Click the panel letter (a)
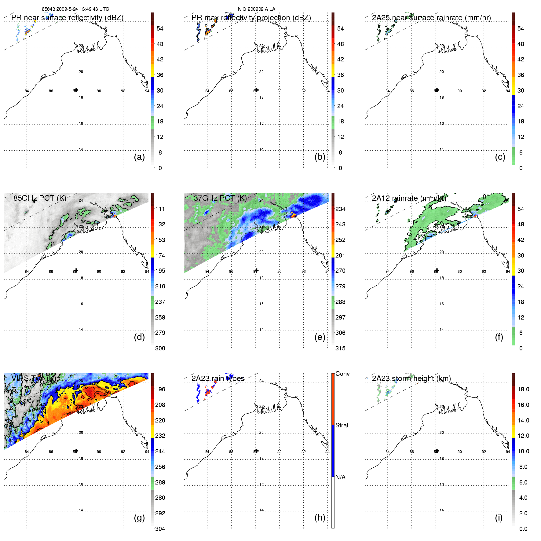(x=139, y=157)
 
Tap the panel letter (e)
(x=320, y=337)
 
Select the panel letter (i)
(x=499, y=518)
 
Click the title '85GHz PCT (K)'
(x=40, y=198)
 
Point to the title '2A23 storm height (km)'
(x=411, y=378)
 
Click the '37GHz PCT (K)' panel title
(x=220, y=198)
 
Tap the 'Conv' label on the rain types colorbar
(x=342, y=374)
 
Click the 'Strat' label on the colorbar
(x=342, y=425)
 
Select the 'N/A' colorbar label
(x=340, y=477)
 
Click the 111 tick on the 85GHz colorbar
(x=160, y=209)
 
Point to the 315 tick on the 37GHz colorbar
(x=340, y=348)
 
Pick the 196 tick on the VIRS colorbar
(x=160, y=389)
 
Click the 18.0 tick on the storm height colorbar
(x=523, y=389)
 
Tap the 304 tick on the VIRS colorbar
(x=160, y=529)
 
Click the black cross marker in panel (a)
(x=76, y=90)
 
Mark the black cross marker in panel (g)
(x=76, y=451)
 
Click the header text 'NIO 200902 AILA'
(x=257, y=9)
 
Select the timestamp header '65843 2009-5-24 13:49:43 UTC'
(x=75, y=9)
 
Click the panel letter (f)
(x=499, y=337)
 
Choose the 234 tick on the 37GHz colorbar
(x=340, y=209)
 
